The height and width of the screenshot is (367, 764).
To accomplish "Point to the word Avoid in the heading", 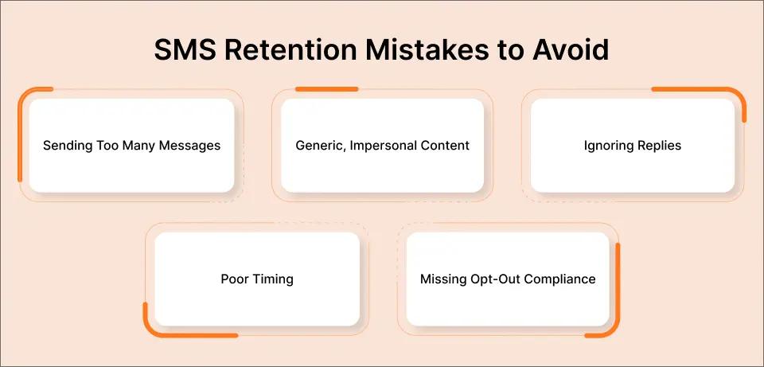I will coord(570,49).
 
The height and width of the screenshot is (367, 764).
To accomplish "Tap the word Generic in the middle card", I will coord(319,146).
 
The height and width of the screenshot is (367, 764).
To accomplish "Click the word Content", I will coord(446,146).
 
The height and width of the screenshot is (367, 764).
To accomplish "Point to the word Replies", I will coord(658,146).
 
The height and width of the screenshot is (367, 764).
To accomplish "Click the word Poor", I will coord(235,279).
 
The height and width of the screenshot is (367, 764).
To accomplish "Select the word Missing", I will coord(442,279).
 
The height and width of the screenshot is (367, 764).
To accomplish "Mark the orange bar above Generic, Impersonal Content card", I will coord(326,89).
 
